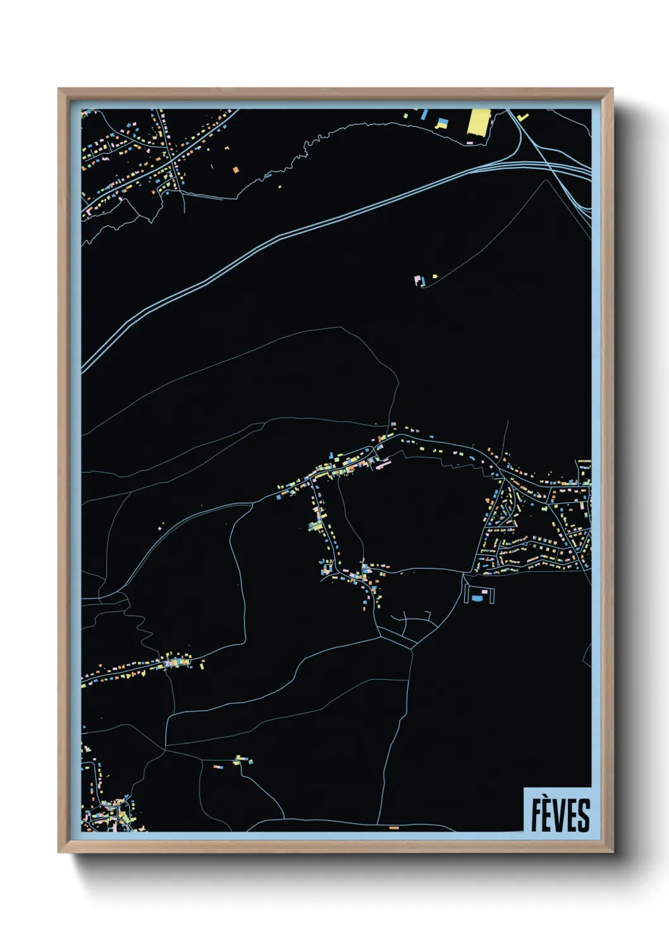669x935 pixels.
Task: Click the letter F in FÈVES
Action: [536, 815]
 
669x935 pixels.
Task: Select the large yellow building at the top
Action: [479, 123]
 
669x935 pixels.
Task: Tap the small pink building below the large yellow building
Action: [470, 143]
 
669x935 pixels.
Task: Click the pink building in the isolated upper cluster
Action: [417, 279]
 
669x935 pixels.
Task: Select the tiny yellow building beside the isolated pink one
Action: [435, 276]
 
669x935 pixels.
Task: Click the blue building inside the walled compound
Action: [477, 598]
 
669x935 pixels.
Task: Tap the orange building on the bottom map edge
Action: [394, 828]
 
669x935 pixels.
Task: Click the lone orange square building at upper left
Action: [236, 170]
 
